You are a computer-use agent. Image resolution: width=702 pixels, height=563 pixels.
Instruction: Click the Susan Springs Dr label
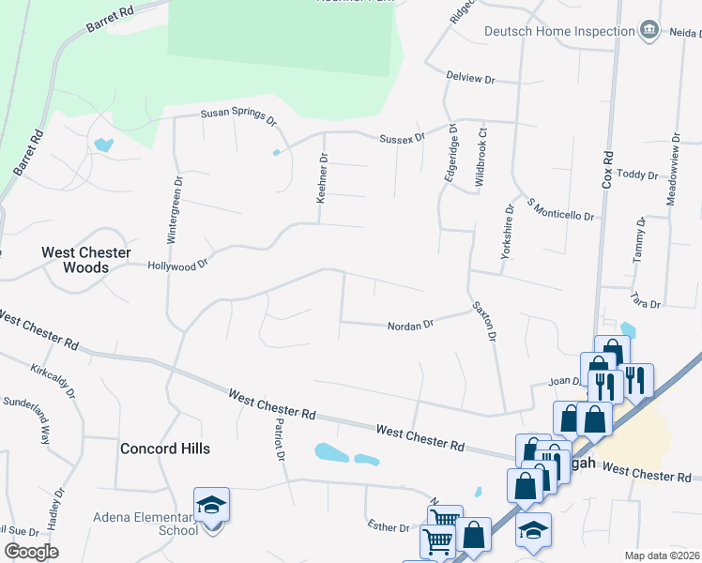pyautogui.click(x=238, y=117)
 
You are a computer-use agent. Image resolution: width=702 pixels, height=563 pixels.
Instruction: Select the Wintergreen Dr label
pyautogui.click(x=174, y=209)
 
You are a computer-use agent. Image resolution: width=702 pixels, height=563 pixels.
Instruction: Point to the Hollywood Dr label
pyautogui.click(x=177, y=266)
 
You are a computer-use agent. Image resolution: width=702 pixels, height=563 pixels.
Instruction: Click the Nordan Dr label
pyautogui.click(x=410, y=326)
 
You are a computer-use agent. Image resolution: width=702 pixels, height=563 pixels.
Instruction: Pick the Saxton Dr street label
pyautogui.click(x=483, y=320)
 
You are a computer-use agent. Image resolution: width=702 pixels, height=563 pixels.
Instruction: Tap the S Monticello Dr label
pyautogui.click(x=561, y=209)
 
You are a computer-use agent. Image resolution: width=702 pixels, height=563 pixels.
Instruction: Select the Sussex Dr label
pyautogui.click(x=402, y=138)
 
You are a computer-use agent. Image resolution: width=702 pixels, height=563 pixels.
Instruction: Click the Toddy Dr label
pyautogui.click(x=638, y=175)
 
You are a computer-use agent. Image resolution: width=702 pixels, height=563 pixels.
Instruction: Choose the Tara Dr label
pyautogui.click(x=647, y=304)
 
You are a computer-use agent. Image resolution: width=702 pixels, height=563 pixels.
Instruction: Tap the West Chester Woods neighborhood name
pyautogui.click(x=74, y=260)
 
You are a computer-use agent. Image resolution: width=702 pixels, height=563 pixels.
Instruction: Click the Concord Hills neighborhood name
pyautogui.click(x=165, y=449)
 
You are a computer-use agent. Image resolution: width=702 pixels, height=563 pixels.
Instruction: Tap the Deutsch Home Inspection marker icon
pyautogui.click(x=649, y=31)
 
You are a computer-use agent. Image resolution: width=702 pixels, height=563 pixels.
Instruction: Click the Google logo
pyautogui.click(x=31, y=551)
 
